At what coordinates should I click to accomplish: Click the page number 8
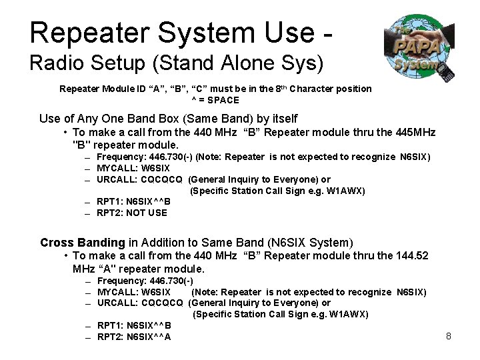point(449,336)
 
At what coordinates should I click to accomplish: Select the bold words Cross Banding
point(83,243)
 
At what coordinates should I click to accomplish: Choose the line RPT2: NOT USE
point(132,213)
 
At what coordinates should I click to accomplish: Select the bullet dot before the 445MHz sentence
point(65,133)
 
